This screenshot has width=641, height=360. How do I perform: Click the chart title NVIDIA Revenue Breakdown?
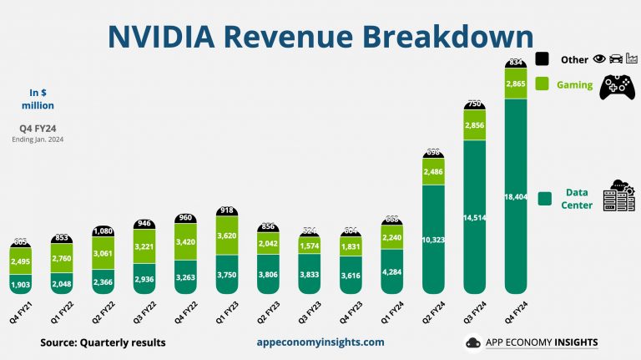click(x=320, y=37)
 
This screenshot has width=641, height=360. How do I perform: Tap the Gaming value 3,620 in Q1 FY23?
click(x=229, y=236)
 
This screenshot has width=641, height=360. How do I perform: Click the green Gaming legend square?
click(x=541, y=84)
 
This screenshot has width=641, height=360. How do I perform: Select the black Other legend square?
click(x=541, y=59)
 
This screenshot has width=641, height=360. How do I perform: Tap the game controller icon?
click(x=618, y=87)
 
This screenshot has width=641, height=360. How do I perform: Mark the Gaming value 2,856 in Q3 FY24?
click(x=475, y=124)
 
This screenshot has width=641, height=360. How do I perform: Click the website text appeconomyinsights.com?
click(x=320, y=342)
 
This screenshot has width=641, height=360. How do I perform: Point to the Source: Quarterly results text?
click(x=103, y=342)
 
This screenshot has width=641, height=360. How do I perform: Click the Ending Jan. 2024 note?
click(x=38, y=139)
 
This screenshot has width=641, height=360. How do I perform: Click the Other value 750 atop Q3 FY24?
click(x=475, y=104)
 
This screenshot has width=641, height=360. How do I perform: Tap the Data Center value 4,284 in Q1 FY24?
click(x=393, y=271)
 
